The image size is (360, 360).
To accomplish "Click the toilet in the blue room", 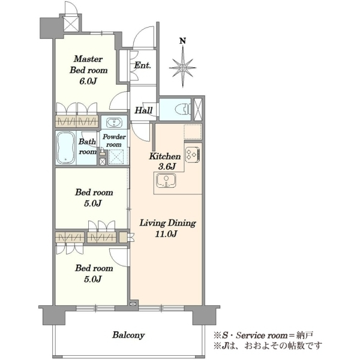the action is [183, 109].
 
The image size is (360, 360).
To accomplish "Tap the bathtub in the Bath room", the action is [65, 148].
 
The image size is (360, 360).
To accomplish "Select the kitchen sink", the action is [166, 180].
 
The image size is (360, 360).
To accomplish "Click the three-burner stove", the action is [193, 154].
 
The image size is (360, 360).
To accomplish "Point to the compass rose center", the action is [183, 68].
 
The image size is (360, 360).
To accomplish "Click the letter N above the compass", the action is [182, 41].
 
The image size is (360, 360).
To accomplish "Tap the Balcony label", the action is [128, 335].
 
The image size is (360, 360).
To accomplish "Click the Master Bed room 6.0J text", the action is [88, 70].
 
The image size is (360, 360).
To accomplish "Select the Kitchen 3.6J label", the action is [165, 161].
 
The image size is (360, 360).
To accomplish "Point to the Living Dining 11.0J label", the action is [168, 228].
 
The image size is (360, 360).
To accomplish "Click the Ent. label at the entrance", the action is [143, 65].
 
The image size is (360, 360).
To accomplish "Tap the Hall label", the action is [143, 110].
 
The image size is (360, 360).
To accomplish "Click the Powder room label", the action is [114, 140].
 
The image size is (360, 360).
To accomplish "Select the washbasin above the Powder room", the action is [114, 122].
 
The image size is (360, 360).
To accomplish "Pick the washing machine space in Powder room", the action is [118, 157].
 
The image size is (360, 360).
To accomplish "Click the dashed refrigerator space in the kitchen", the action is [193, 131].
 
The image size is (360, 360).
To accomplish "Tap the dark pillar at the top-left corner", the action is [52, 28].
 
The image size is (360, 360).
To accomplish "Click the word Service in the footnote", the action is [250, 335].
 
